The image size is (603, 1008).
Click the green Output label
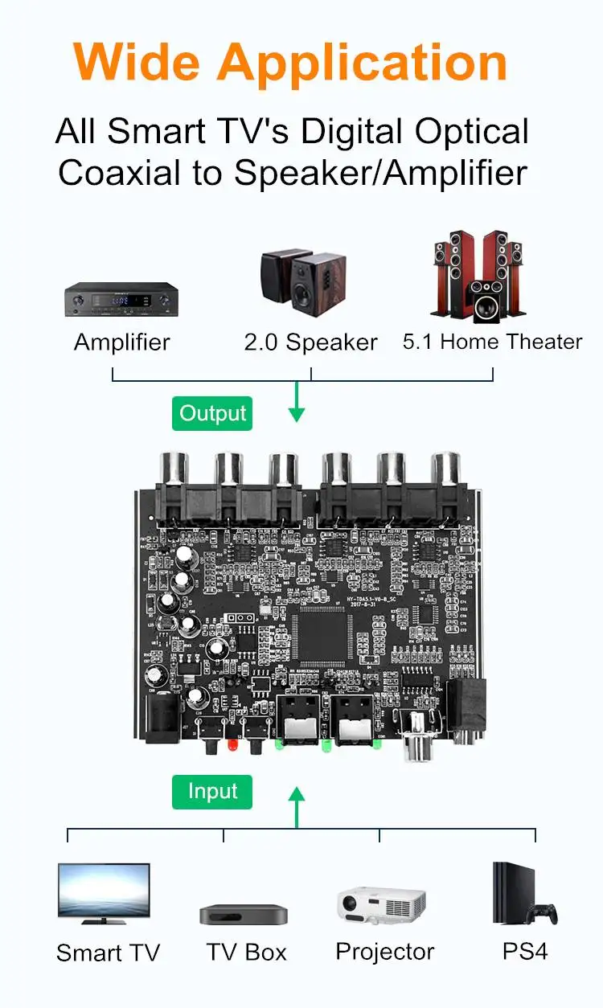(212, 414)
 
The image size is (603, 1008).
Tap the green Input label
(212, 792)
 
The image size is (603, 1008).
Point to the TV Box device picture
(244, 915)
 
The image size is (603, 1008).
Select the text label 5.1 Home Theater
(492, 342)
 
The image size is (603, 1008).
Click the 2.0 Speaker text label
(310, 342)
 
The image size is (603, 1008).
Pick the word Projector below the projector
(384, 952)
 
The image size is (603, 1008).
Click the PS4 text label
(525, 952)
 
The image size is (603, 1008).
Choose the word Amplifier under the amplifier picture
(122, 342)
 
